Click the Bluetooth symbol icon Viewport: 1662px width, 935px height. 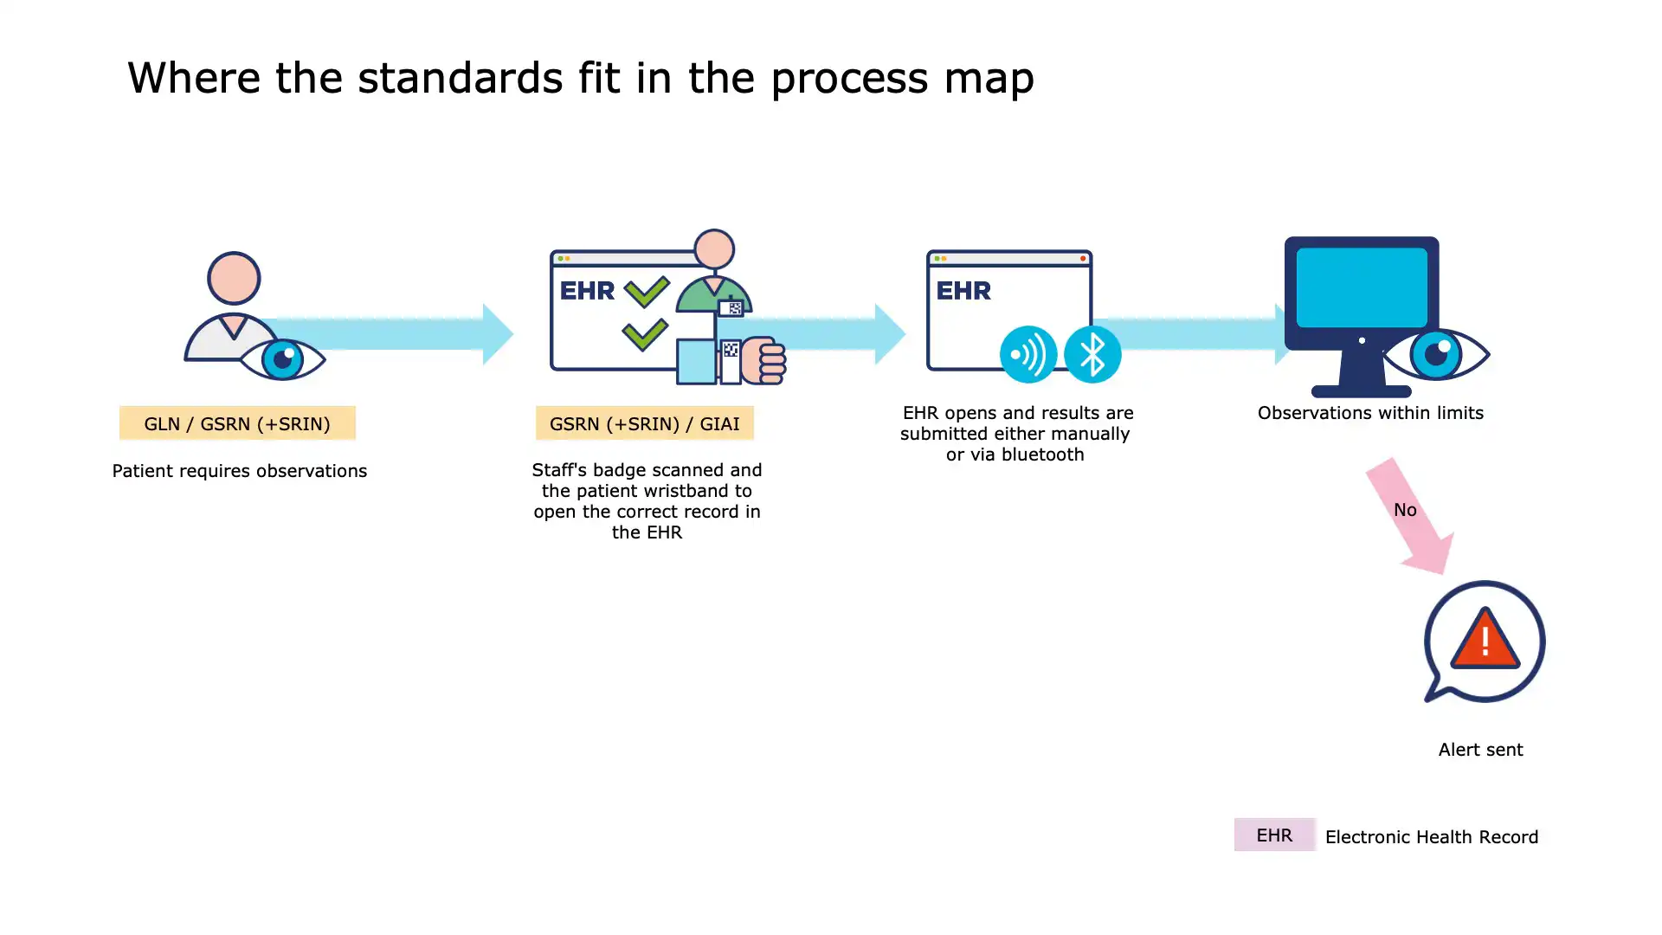coord(1092,354)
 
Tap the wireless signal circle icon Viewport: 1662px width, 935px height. coord(1027,354)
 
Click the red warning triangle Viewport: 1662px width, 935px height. coord(1485,640)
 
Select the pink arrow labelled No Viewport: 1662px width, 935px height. coord(1408,516)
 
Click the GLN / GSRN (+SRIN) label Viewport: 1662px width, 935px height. coord(237,423)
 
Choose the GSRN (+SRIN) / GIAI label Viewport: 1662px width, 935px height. coord(644,423)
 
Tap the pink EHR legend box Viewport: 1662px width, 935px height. coord(1274,835)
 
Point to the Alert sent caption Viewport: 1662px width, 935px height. coord(1480,750)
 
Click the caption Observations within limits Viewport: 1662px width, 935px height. coord(1370,413)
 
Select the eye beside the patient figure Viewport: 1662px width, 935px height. coord(282,358)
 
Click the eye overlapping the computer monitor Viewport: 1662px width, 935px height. coord(1436,353)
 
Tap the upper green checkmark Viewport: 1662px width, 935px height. coord(647,291)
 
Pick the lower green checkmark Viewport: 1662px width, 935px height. coord(645,334)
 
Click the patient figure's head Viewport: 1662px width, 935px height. coord(234,278)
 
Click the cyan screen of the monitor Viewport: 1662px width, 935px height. coord(1362,287)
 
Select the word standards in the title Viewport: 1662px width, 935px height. coord(460,78)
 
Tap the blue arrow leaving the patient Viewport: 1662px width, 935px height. coord(390,333)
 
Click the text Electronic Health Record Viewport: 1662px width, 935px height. coord(1432,837)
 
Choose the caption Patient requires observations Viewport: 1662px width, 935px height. coord(240,471)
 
